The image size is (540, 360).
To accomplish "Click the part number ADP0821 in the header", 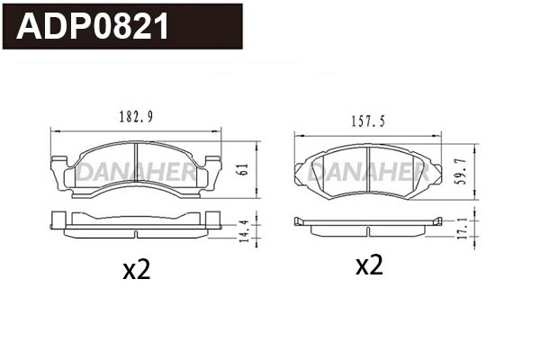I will (93, 27).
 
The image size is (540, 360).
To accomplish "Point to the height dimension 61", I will (242, 170).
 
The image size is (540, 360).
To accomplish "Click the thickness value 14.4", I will (242, 229).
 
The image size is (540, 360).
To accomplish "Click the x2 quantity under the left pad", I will (136, 270).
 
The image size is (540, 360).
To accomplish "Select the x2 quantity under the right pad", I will (369, 265).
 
